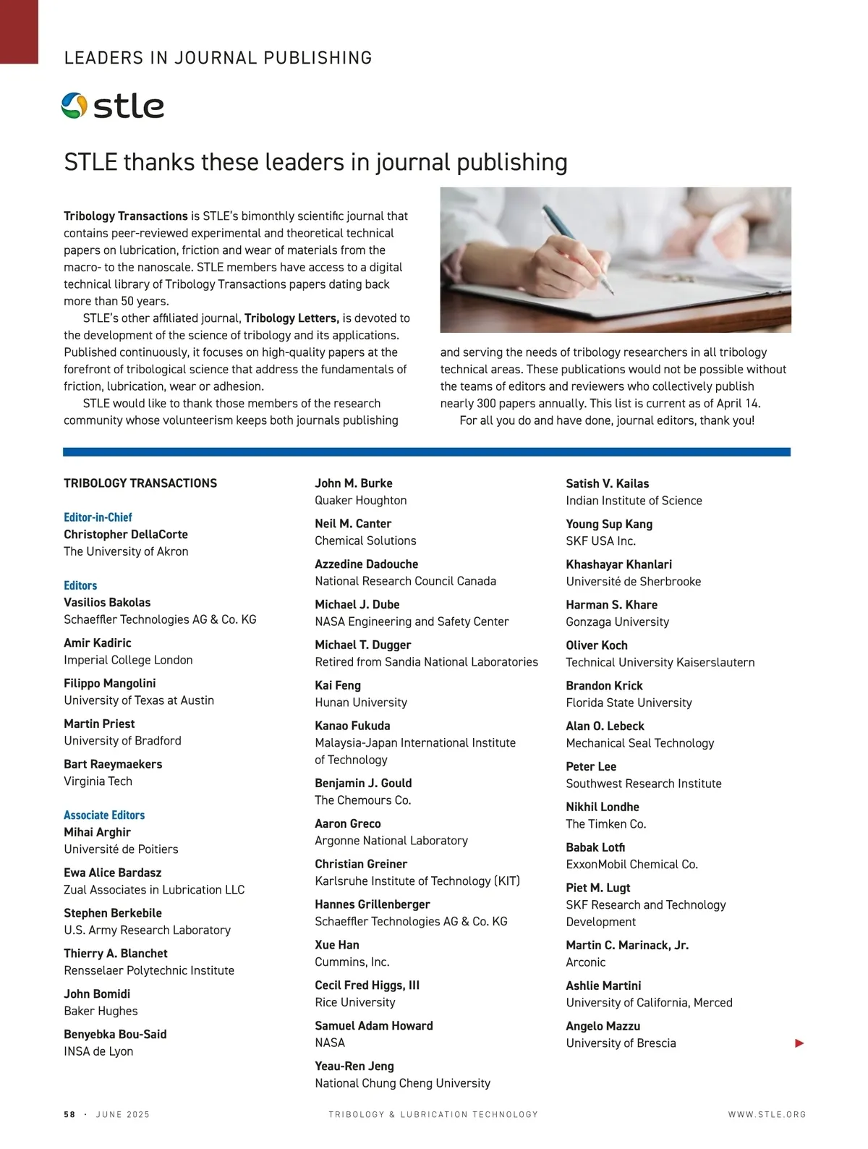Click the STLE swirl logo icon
coord(75,106)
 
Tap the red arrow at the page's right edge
coord(799,1043)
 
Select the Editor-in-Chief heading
coord(98,517)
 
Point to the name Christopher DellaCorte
coord(126,534)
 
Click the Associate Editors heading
coord(104,815)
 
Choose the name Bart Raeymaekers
coord(113,764)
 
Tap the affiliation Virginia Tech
coord(98,781)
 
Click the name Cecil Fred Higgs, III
coord(367,985)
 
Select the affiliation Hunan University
coord(361,703)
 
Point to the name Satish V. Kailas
coord(608,483)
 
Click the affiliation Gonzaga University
coord(617,622)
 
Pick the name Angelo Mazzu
coord(603,1026)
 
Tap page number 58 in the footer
coord(69,1114)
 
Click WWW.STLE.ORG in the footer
coord(767,1114)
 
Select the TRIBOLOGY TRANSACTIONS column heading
coord(140,483)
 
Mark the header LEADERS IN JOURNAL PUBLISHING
coord(218,58)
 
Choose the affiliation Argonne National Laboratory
coord(391,841)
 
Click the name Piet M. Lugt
coord(598,888)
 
